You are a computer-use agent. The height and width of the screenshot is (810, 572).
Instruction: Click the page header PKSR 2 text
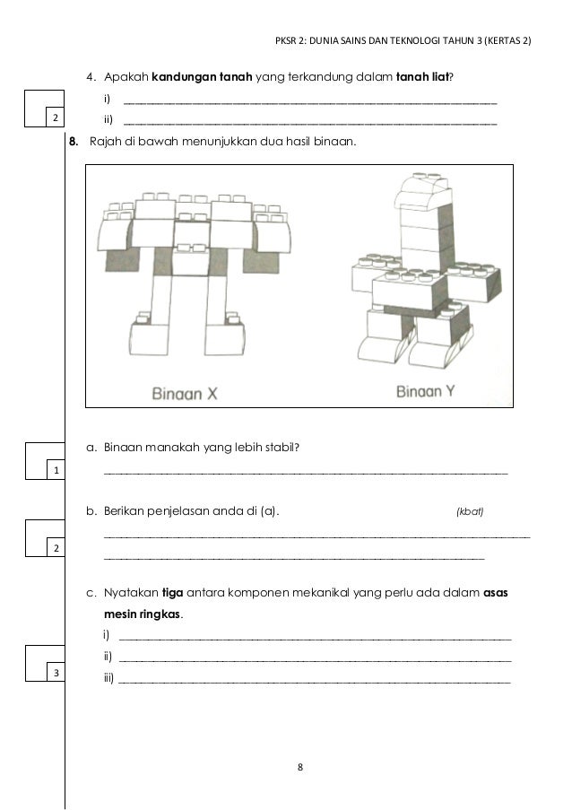pos(403,41)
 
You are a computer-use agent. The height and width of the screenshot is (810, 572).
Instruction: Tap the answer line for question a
pos(305,470)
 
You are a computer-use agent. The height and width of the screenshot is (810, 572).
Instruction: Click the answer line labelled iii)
pos(314,683)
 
